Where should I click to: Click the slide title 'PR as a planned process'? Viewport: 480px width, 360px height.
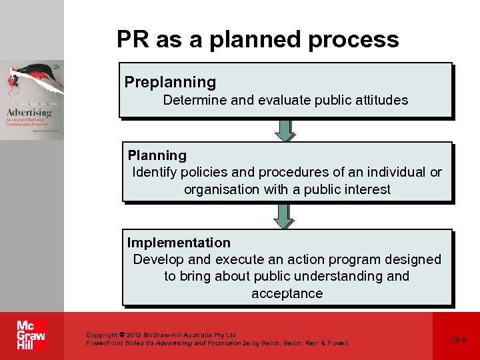click(257, 39)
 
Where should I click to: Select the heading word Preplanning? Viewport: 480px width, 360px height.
click(170, 82)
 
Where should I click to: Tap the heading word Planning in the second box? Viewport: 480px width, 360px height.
click(157, 155)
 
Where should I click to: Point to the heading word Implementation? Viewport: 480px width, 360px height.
click(179, 243)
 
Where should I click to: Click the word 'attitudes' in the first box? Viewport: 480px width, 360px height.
click(381, 100)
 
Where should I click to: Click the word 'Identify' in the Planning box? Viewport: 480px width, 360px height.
click(155, 172)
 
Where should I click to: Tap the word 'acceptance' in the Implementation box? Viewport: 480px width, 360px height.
click(287, 293)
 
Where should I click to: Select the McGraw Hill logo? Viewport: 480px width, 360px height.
click(31, 335)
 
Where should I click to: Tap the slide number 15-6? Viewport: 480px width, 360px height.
click(459, 340)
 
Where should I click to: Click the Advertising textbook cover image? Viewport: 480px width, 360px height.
click(32, 99)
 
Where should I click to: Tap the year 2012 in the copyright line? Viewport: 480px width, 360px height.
click(133, 335)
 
